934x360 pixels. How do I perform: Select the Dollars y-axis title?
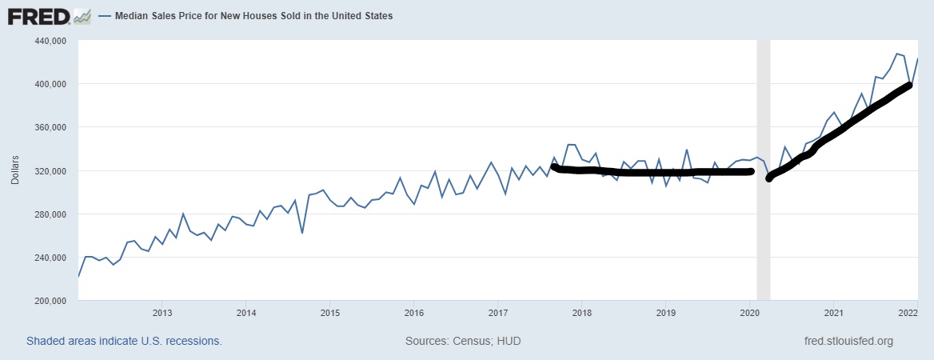[x=14, y=170]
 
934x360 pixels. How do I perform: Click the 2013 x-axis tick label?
[x=162, y=312]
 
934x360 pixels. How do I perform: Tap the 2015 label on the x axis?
[x=330, y=312]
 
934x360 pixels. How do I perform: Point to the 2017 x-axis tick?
[x=497, y=312]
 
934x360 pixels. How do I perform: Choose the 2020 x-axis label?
[x=748, y=312]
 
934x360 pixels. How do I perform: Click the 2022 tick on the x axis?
[x=907, y=312]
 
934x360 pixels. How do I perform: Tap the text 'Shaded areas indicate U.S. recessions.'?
[x=124, y=342]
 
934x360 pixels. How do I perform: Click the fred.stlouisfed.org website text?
[x=848, y=342]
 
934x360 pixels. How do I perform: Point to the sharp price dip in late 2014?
[x=302, y=233]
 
